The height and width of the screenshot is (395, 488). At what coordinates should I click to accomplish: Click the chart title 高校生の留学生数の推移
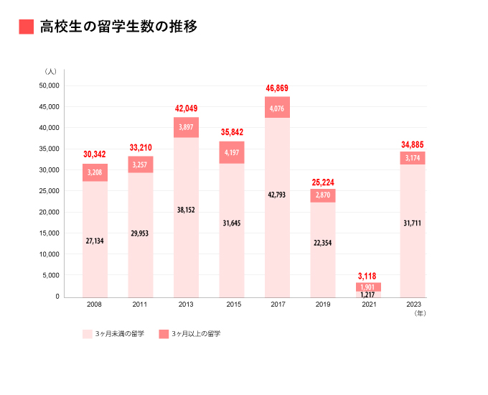(118, 27)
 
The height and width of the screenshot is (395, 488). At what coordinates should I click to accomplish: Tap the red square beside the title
(27, 27)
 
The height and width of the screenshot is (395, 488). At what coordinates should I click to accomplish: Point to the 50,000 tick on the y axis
(49, 86)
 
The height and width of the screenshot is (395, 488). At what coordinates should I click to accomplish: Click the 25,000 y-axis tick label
(49, 191)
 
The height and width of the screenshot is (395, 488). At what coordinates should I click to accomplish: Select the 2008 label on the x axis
(94, 305)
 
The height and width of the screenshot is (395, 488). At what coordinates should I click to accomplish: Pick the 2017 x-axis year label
(277, 305)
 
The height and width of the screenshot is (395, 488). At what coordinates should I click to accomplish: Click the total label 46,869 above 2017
(277, 88)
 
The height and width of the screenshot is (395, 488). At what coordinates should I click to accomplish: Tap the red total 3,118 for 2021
(368, 276)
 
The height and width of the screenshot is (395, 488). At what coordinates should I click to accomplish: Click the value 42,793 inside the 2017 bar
(277, 195)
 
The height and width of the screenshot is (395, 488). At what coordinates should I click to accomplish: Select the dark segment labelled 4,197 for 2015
(231, 152)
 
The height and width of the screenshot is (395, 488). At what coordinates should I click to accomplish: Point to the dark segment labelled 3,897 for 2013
(186, 127)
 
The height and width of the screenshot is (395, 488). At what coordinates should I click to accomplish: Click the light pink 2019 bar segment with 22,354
(322, 243)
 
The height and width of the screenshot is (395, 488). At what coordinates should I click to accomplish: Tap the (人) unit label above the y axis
(50, 71)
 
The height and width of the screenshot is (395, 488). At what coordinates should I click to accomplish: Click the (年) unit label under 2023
(420, 313)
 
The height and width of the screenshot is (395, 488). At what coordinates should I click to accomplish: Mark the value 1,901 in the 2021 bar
(368, 287)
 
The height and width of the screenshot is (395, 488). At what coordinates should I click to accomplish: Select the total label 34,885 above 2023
(413, 146)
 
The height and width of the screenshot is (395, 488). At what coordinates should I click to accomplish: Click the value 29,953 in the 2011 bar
(140, 233)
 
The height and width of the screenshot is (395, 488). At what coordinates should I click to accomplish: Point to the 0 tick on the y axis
(57, 297)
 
